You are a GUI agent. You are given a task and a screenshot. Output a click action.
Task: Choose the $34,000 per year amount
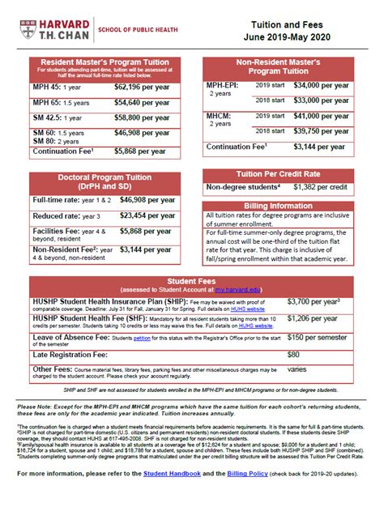pos(324,84)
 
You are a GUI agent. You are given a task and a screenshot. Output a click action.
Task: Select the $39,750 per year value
pos(324,130)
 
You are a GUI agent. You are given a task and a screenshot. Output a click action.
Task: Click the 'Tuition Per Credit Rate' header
pos(292,173)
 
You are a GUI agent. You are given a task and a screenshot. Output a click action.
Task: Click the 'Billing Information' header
pos(292,206)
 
